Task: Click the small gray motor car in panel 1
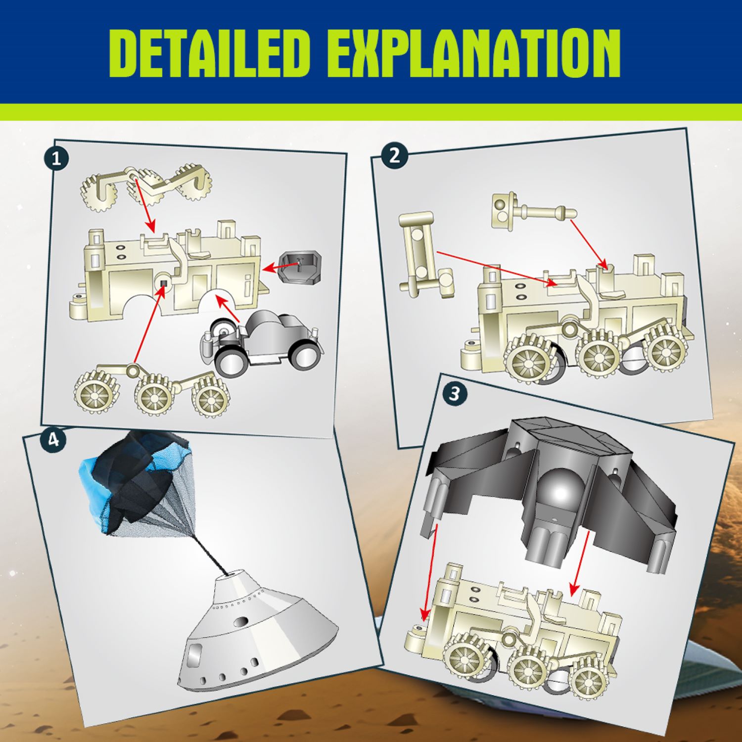click(x=262, y=341)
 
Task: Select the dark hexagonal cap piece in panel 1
click(x=300, y=268)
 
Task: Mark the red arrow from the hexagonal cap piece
click(x=281, y=267)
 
